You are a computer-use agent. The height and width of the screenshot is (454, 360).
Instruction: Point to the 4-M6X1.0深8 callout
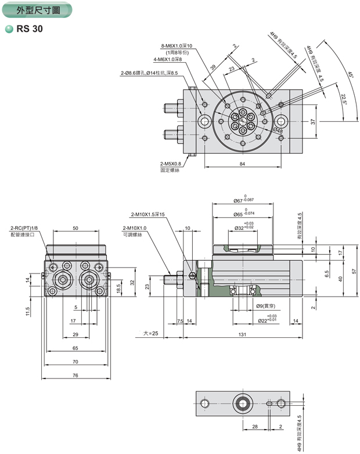pyautogui.click(x=168, y=59)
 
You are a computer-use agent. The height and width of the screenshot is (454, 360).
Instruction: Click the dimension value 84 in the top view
pyautogui.click(x=242, y=164)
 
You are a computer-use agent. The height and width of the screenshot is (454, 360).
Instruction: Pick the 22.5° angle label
pyautogui.click(x=343, y=99)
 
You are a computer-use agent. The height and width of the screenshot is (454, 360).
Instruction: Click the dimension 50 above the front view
pyautogui.click(x=75, y=228)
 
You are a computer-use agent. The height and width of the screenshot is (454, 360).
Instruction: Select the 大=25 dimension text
pyautogui.click(x=150, y=334)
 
